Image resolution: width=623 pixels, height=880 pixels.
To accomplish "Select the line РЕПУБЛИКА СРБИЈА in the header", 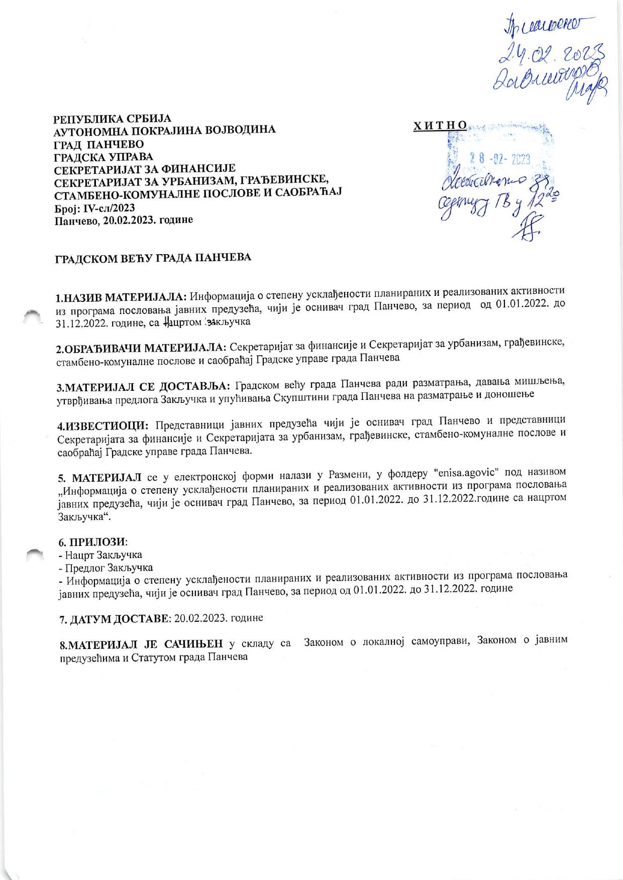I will [x=113, y=119].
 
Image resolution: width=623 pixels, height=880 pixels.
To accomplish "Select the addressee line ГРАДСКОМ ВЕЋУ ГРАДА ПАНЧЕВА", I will [x=153, y=258].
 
